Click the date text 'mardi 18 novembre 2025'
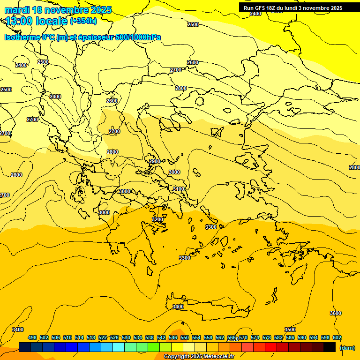(x=58, y=10)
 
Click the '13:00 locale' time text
(x=36, y=21)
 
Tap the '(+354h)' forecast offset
(x=83, y=21)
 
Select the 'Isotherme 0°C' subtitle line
(x=82, y=37)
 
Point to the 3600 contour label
(x=336, y=313)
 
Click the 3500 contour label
(x=290, y=330)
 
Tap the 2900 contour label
(x=155, y=161)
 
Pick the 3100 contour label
(x=179, y=189)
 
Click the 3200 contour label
(x=157, y=219)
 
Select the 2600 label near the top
(x=193, y=62)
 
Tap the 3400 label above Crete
(x=178, y=307)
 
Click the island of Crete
(x=206, y=307)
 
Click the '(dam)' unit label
(x=347, y=347)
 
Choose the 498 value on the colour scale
(x=32, y=337)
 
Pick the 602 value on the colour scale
(x=337, y=337)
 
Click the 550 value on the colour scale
(x=185, y=337)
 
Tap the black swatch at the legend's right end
(x=330, y=347)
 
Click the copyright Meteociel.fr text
(x=199, y=356)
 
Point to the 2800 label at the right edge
(x=354, y=167)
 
